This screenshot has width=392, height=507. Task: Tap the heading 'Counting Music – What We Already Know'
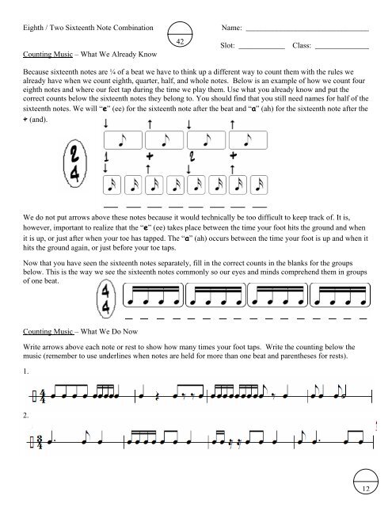pos(84,56)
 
